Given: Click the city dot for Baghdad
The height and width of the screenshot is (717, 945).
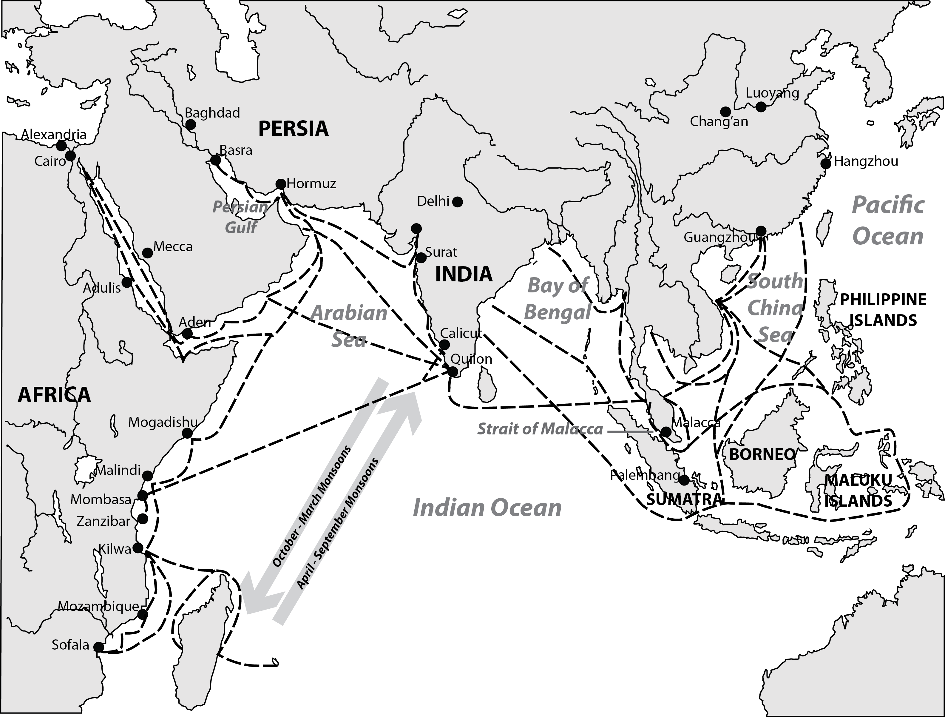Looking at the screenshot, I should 191,124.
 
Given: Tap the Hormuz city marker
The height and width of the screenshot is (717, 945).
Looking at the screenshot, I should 281,184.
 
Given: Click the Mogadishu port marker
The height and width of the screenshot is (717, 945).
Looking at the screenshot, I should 187,433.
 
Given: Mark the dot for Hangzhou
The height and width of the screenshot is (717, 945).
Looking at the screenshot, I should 826,164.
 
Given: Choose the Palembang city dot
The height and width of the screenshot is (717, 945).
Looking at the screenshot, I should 684,480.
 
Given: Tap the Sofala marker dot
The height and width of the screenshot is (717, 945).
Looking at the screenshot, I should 99,647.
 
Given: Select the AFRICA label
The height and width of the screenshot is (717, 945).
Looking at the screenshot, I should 54,394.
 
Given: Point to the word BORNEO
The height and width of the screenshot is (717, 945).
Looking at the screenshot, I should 762,454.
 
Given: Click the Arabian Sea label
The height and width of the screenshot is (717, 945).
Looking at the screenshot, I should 349,326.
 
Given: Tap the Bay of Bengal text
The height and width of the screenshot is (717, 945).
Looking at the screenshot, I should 558,299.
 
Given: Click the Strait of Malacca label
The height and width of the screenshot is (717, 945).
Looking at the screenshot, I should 540,429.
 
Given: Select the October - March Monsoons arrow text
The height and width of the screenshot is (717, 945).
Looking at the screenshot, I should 311,506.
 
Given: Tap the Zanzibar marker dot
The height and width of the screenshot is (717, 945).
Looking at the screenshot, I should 143,519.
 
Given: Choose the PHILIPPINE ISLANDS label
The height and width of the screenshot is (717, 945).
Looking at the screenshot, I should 883,310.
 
